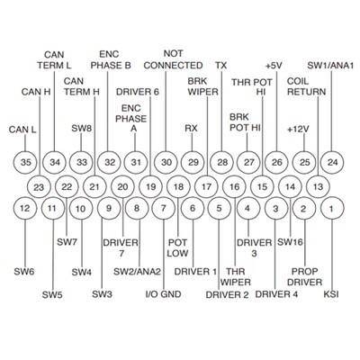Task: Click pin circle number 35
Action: coord(26,161)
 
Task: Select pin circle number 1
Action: coord(332,209)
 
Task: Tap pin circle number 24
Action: coord(332,161)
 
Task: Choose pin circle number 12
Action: coord(26,209)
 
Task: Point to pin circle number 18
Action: coord(178,185)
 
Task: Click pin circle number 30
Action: coord(165,161)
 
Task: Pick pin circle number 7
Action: coord(163,209)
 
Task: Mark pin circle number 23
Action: coord(38,185)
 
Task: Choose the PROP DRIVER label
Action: coord(304,275)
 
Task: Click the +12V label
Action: coord(300,129)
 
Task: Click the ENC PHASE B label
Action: coord(111,60)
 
